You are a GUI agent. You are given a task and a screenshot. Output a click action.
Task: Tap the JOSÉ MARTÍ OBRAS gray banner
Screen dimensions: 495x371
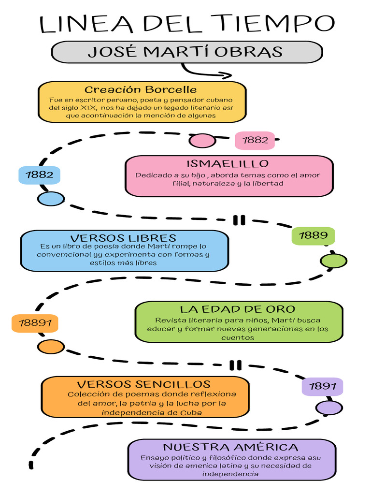(x=186, y=52)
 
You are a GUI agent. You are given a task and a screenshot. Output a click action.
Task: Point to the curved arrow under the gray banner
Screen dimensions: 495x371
(x=205, y=72)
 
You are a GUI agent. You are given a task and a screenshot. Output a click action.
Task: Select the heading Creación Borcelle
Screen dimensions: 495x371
(x=141, y=89)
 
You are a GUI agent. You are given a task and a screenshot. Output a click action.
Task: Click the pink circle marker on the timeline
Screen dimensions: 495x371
(x=202, y=141)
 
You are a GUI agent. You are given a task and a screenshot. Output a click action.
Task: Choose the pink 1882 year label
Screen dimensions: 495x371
(x=255, y=140)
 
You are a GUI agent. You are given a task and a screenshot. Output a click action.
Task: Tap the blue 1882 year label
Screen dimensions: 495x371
(x=39, y=175)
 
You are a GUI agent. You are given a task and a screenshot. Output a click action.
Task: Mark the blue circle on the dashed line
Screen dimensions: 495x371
(x=51, y=199)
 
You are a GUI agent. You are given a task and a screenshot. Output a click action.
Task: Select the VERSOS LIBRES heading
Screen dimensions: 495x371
(x=123, y=238)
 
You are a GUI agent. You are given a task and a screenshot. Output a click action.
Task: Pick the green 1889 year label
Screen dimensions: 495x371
(x=313, y=235)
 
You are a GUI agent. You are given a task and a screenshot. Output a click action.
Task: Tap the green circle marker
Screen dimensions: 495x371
(x=333, y=261)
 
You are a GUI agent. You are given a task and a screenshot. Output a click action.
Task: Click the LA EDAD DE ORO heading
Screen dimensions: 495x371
(x=237, y=309)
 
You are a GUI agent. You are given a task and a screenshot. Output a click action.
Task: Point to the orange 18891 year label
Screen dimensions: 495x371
(x=35, y=323)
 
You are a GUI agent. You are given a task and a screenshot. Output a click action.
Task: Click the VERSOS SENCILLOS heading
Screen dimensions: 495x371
(x=144, y=384)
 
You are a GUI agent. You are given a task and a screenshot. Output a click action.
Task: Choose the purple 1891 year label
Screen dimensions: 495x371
(x=322, y=386)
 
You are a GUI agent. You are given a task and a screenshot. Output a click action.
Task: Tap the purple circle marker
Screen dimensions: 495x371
(x=329, y=408)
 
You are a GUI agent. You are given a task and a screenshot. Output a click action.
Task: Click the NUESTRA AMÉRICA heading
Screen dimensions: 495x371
(x=230, y=447)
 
